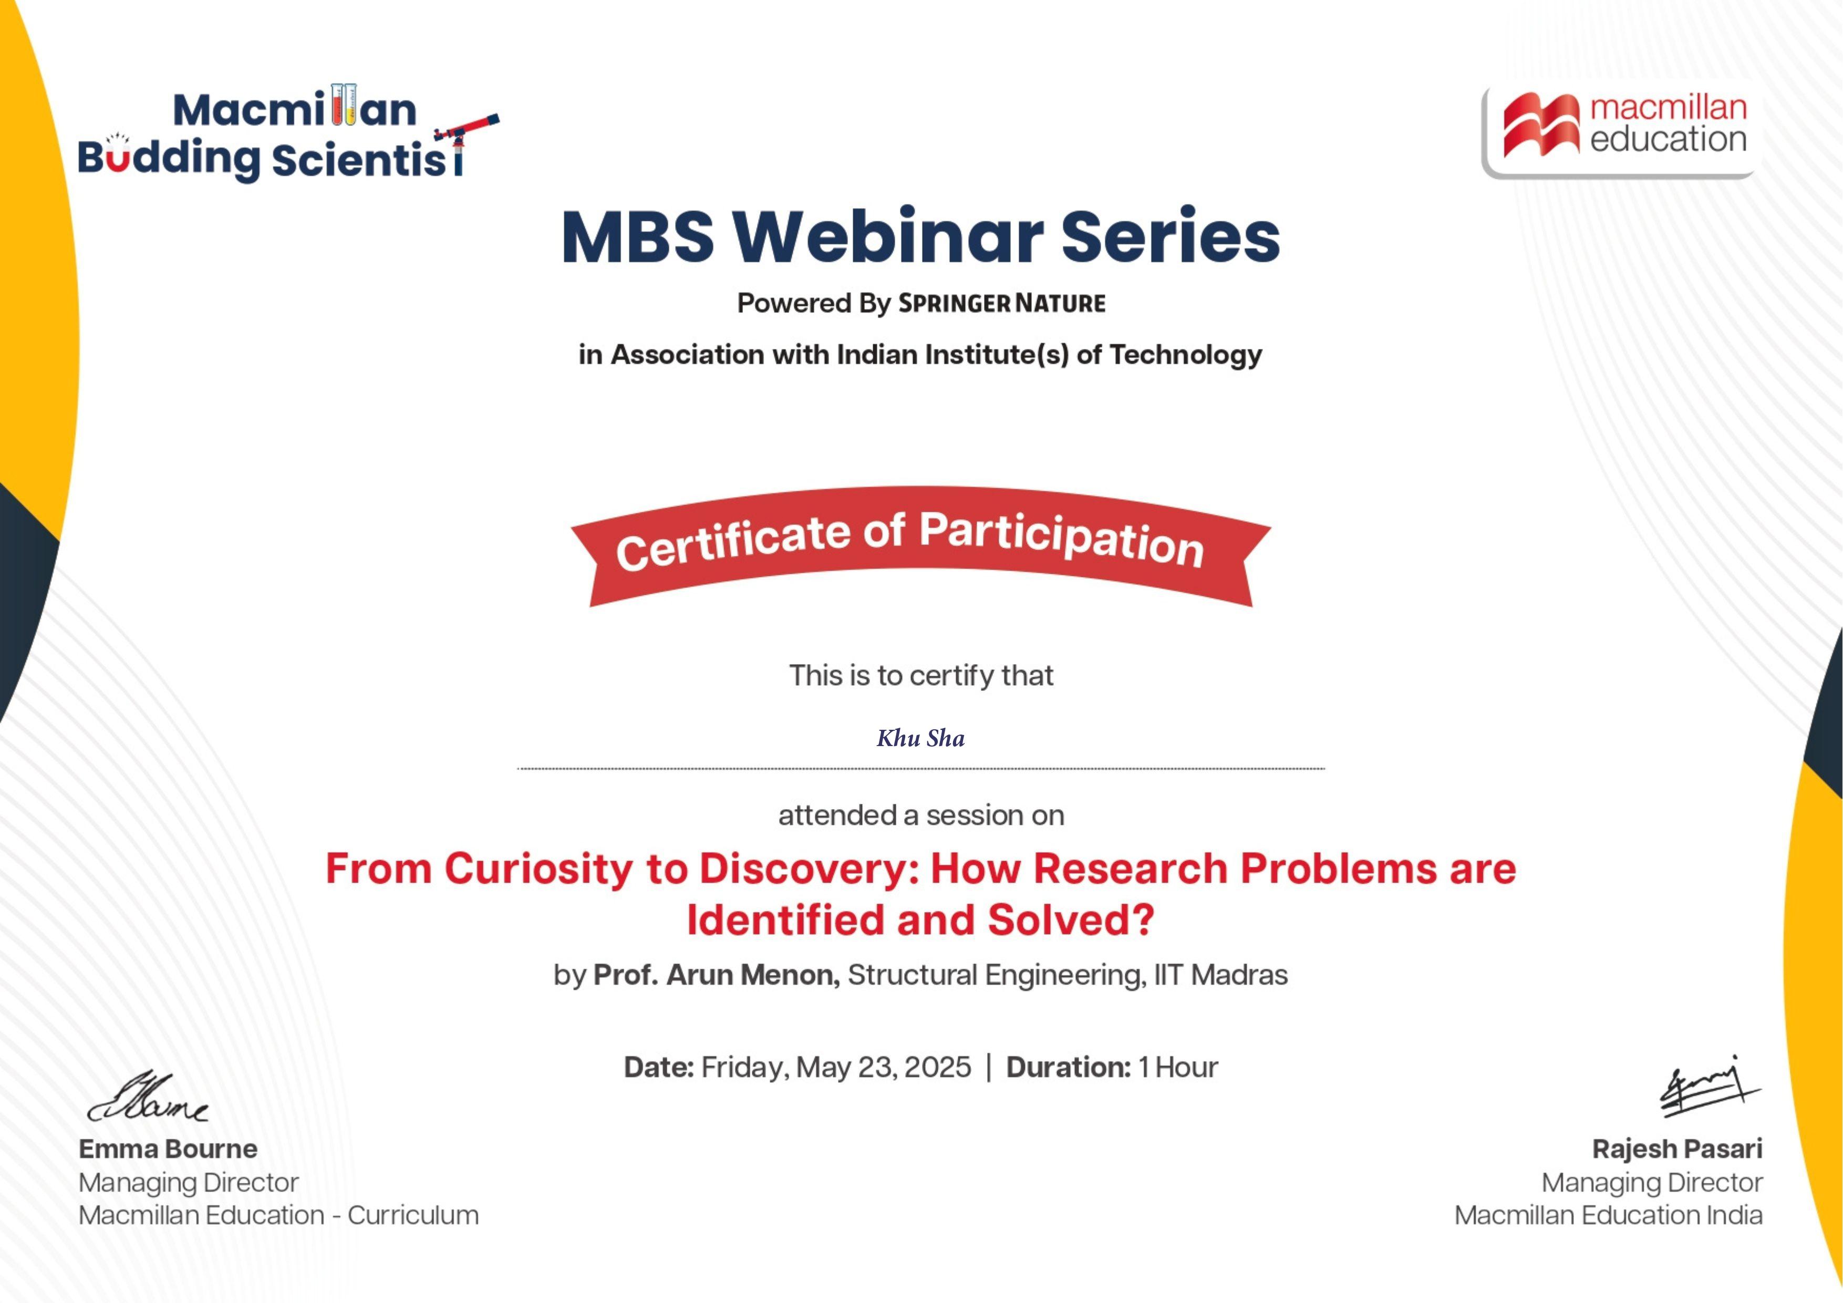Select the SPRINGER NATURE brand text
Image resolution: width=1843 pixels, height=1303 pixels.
click(x=1002, y=304)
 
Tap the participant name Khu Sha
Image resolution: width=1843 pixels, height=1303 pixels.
click(x=920, y=738)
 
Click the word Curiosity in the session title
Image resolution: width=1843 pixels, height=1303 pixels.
click(x=539, y=870)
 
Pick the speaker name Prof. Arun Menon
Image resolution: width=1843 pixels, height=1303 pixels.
click(x=716, y=975)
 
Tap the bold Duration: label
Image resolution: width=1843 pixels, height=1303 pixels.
click(x=1069, y=1067)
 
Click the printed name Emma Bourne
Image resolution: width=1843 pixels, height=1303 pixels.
click(x=168, y=1149)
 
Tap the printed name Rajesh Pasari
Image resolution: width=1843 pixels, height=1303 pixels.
click(x=1678, y=1149)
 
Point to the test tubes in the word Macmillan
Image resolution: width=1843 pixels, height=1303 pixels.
click(x=344, y=105)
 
